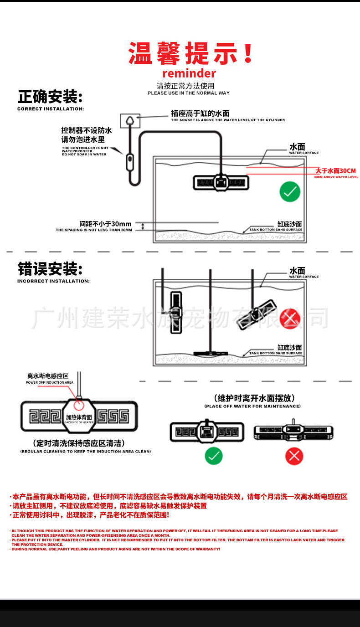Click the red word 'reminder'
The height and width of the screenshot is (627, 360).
(x=189, y=73)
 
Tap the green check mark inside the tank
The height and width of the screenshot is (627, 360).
(x=290, y=191)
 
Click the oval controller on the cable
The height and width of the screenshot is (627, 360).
(x=130, y=162)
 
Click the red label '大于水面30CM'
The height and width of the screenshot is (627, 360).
(x=335, y=171)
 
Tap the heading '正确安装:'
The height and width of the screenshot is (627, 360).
(x=50, y=97)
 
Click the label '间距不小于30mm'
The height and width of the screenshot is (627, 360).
(x=105, y=224)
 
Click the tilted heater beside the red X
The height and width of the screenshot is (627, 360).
(x=257, y=314)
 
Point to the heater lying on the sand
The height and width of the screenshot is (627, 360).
(x=211, y=353)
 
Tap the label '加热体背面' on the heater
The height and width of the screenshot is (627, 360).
(x=79, y=417)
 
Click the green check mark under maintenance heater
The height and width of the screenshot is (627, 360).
(x=214, y=456)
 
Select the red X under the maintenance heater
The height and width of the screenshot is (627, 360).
(x=294, y=456)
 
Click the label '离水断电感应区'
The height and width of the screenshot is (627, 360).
(x=48, y=376)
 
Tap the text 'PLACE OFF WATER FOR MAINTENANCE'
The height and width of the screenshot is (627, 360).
(x=252, y=406)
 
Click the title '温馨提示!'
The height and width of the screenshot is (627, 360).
(x=190, y=53)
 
